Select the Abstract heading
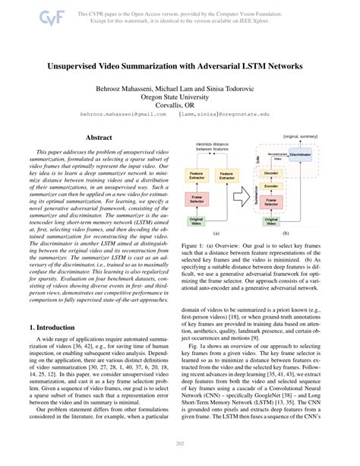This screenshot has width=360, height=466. coord(99,138)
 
